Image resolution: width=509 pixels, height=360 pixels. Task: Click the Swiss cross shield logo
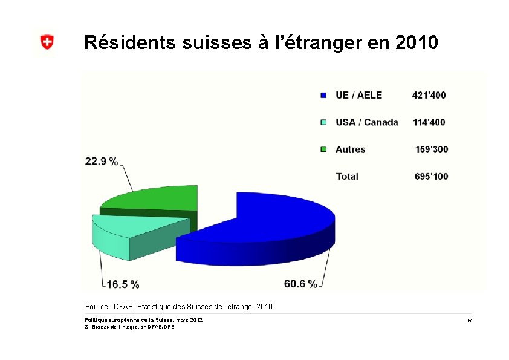click(47, 42)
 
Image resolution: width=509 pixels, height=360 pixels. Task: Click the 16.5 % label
click(123, 284)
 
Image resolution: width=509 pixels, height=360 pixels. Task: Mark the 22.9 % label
click(102, 161)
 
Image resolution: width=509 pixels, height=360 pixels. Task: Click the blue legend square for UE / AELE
click(323, 95)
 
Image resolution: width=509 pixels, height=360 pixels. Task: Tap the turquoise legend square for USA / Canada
click(323, 122)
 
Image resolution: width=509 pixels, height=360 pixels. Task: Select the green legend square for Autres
click(323, 149)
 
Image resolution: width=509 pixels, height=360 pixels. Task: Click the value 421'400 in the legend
click(429, 95)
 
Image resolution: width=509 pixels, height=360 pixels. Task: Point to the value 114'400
click(429, 122)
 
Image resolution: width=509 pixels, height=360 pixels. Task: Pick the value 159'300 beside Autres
click(432, 149)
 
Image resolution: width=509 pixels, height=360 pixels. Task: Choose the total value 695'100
click(431, 176)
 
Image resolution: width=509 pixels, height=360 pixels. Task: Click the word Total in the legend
click(347, 176)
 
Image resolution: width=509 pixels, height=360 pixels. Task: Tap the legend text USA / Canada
click(366, 122)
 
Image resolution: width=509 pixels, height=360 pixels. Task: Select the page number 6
click(469, 319)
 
